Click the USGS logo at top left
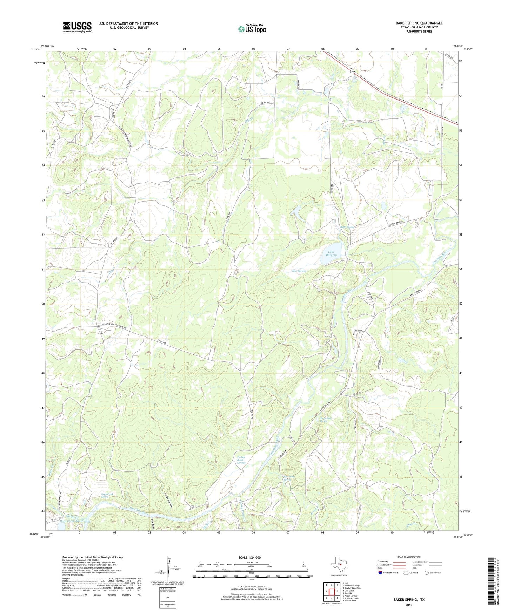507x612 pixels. (x=77, y=27)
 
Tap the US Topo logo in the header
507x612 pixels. (x=252, y=29)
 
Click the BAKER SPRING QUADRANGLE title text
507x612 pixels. (x=419, y=23)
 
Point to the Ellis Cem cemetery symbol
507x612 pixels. (x=354, y=334)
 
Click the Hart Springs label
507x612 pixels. (x=299, y=271)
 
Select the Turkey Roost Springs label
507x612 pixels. (x=241, y=460)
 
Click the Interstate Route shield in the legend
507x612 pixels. (x=380, y=573)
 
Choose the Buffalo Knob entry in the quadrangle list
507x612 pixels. (x=350, y=601)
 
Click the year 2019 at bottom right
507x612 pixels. (x=409, y=605)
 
